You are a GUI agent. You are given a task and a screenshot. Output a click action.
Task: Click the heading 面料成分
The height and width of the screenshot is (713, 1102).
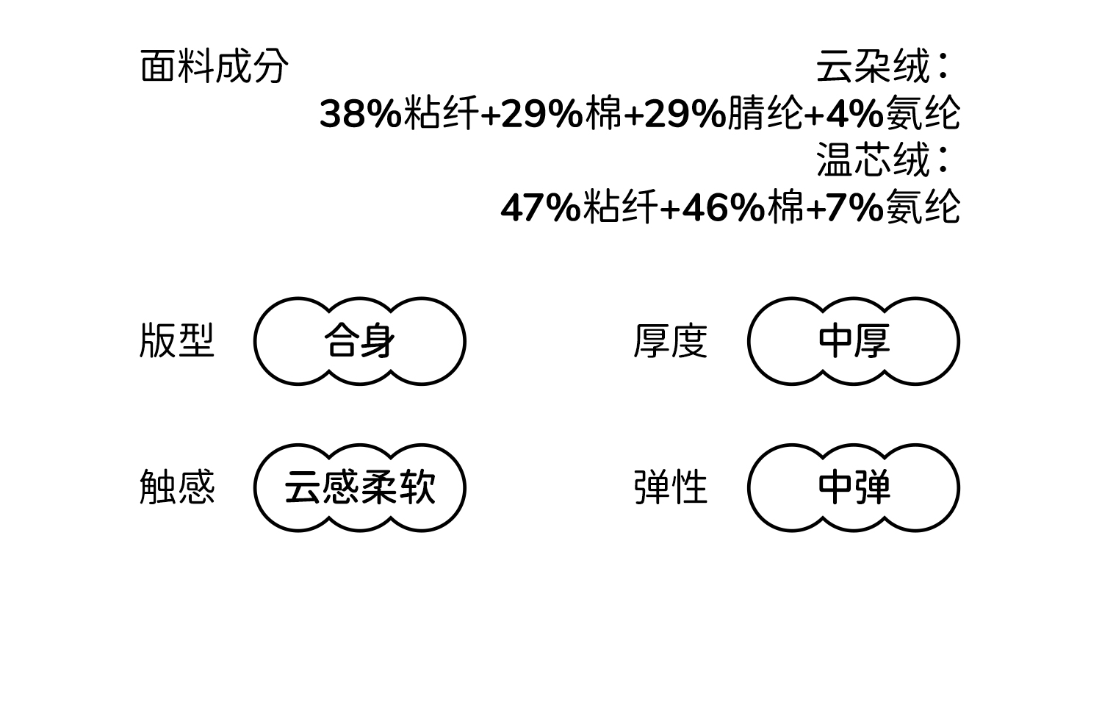(214, 67)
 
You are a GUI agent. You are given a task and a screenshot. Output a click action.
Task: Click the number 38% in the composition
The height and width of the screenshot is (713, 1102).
(360, 114)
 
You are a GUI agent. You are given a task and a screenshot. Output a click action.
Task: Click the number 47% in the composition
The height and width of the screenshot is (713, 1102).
(541, 208)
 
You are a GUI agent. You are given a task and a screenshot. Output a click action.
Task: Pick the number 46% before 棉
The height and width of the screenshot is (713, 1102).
(723, 208)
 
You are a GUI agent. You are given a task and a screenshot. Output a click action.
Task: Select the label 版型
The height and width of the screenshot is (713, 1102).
(176, 341)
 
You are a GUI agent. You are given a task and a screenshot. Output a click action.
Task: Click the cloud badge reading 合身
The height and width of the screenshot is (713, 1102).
(359, 341)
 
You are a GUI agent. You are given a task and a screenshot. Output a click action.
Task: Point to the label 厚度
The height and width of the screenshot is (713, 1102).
(670, 341)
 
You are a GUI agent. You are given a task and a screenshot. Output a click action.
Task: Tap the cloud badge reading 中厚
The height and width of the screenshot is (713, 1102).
(853, 341)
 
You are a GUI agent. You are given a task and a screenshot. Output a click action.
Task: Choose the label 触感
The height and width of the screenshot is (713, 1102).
(176, 487)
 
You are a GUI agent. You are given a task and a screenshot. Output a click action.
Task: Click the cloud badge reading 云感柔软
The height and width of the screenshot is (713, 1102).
(359, 487)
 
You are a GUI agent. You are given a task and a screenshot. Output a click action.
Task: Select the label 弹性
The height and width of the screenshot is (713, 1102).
(670, 487)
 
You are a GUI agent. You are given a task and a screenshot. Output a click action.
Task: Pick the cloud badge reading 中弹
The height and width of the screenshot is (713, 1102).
(853, 487)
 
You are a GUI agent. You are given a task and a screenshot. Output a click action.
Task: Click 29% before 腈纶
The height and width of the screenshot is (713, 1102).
(685, 114)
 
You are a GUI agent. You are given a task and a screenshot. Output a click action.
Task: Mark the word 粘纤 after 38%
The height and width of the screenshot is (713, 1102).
(439, 114)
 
